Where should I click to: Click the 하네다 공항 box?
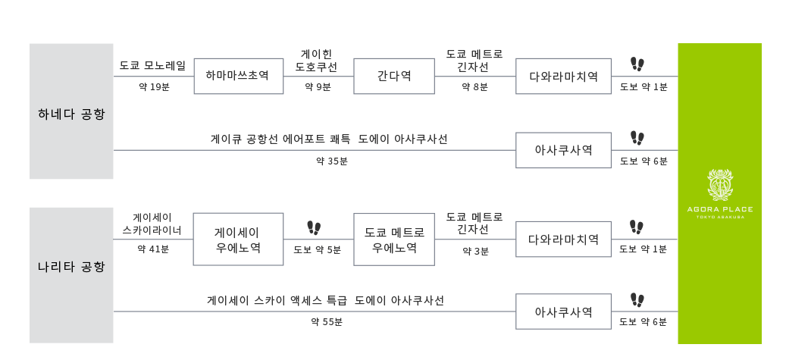(x=71, y=111)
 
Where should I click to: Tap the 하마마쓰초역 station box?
(x=237, y=76)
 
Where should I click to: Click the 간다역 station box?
(x=394, y=76)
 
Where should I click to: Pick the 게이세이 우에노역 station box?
(x=237, y=239)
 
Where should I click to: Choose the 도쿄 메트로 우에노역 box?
(x=394, y=239)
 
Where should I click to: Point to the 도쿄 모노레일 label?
(x=152, y=66)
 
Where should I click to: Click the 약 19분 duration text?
(x=154, y=87)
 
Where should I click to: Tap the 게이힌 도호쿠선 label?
(x=316, y=60)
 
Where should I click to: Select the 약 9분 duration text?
(x=318, y=87)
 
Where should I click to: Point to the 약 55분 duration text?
(x=327, y=322)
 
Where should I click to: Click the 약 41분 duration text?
(x=153, y=249)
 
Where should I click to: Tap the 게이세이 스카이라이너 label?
(x=152, y=224)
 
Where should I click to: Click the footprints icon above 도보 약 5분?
(x=314, y=227)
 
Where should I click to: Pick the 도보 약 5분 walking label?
(x=318, y=249)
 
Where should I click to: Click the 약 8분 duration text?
(x=475, y=87)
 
